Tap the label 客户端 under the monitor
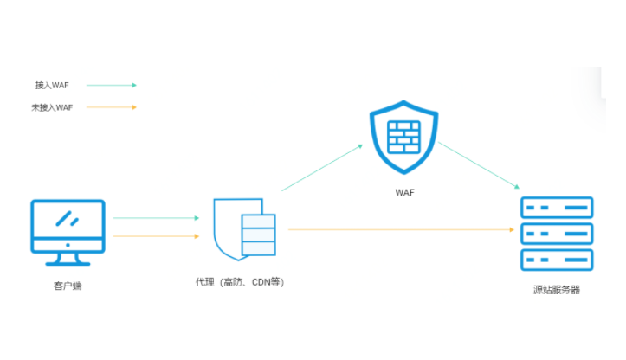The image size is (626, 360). (x=68, y=286)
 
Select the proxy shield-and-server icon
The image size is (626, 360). (x=244, y=228)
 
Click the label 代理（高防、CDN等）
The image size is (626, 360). (x=240, y=282)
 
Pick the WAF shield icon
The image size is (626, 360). (x=403, y=139)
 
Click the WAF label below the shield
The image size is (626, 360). (x=403, y=192)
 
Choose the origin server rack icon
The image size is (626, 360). (x=556, y=233)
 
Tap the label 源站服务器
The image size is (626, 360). (x=556, y=290)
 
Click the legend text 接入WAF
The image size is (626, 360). (x=52, y=86)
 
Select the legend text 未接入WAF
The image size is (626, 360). (x=52, y=107)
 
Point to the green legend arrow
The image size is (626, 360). (x=110, y=86)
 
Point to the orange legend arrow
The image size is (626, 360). (x=110, y=107)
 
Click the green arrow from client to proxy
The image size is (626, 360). (x=156, y=218)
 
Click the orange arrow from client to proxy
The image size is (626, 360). (x=156, y=235)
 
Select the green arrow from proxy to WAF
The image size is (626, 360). (x=322, y=167)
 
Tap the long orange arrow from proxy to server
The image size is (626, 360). (x=398, y=229)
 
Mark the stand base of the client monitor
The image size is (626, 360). (x=68, y=261)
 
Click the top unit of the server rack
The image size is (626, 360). (x=556, y=208)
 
